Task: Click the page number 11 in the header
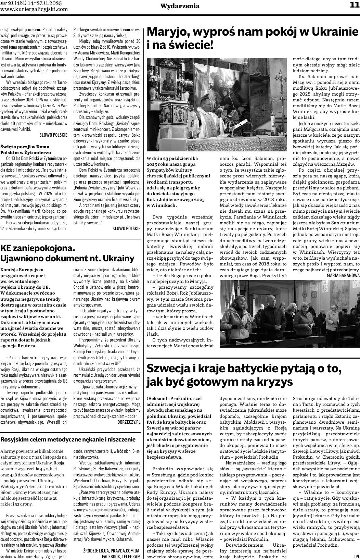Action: (x=354, y=5)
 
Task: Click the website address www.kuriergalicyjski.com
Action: (x=34, y=9)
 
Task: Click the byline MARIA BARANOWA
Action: (x=343, y=275)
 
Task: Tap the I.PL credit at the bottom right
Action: (x=356, y=556)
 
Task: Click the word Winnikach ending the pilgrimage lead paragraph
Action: (x=163, y=205)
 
